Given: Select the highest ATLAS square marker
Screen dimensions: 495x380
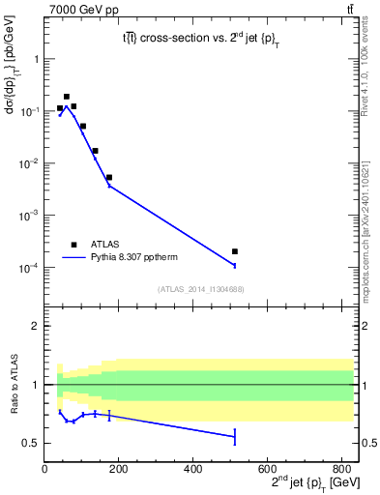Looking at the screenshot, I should click(x=67, y=97).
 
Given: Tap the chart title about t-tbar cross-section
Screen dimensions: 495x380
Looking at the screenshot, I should click(x=196, y=40).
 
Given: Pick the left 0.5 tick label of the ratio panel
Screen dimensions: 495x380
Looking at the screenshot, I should click(x=32, y=443).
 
